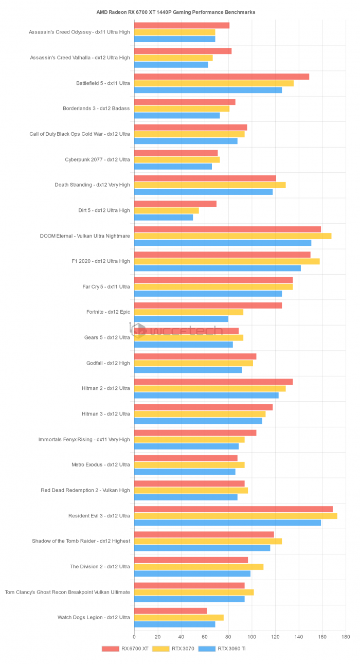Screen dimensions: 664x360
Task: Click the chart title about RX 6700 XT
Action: (176, 12)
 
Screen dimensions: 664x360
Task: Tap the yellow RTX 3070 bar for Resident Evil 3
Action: (236, 516)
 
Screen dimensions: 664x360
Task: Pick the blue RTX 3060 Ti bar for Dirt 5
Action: (164, 218)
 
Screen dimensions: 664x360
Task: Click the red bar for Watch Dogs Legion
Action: (170, 611)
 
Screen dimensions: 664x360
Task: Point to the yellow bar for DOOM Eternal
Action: (232, 236)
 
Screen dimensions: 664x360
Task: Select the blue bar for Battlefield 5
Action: (208, 91)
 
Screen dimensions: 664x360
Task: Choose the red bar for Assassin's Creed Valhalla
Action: (183, 51)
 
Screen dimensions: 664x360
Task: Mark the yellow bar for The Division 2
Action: (199, 567)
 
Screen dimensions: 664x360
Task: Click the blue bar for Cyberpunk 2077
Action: (173, 167)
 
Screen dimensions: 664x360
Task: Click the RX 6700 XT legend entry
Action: (121, 649)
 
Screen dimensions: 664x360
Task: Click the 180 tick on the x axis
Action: (346, 637)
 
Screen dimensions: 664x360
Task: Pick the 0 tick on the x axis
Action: (134, 637)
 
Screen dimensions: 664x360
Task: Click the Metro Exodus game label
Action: (101, 465)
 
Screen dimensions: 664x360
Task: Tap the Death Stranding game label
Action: (93, 185)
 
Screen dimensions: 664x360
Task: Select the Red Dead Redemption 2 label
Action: (85, 490)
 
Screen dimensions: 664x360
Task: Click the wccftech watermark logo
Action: (170, 331)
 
